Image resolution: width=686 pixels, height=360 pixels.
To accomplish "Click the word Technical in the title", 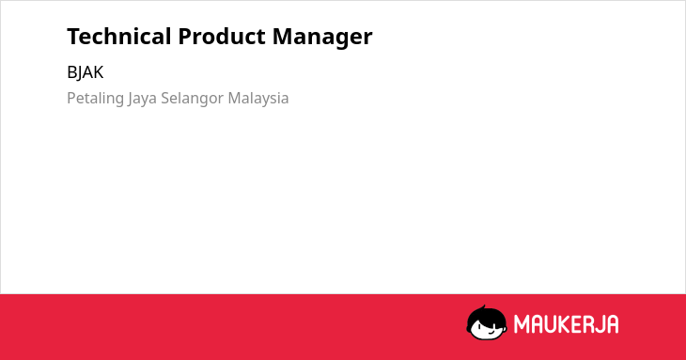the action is coord(119,36).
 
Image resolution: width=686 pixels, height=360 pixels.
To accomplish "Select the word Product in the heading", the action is coord(222,36).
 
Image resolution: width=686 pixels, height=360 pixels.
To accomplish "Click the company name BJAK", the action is coord(86,72).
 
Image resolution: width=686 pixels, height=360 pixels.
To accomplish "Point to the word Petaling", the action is coord(95,99).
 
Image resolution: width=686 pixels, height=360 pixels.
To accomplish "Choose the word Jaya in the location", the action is coord(143,99).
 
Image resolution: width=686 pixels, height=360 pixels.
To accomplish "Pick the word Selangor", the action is coord(193,99).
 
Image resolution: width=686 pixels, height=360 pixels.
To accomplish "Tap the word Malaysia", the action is coord(258,99).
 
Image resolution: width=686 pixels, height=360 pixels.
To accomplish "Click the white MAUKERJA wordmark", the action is coord(566,324).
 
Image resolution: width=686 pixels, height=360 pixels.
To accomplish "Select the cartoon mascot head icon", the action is coord(487,322).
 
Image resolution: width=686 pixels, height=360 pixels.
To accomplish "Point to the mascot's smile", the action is coord(491,333).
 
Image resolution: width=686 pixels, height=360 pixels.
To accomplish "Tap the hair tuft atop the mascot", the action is coord(484,307).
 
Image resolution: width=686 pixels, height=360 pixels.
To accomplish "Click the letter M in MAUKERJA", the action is coord(521,324).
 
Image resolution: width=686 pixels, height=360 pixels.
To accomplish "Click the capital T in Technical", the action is coord(74,37).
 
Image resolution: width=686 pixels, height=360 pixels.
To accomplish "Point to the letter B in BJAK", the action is coord(71,72).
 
